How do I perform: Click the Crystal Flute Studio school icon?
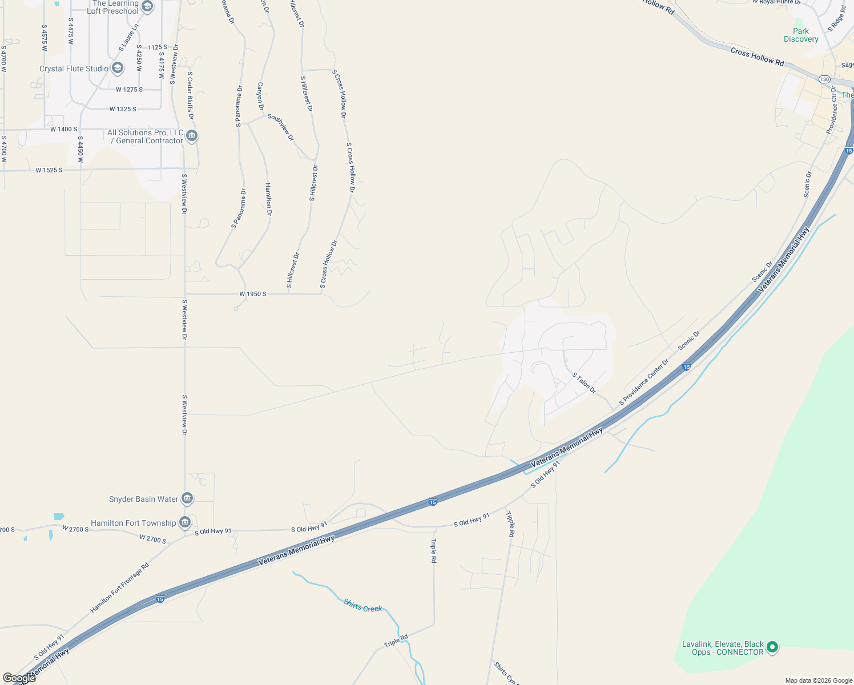tap(118, 68)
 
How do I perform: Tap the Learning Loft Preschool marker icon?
tap(147, 6)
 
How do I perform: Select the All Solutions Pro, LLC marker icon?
tap(192, 136)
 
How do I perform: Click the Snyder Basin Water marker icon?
tap(187, 499)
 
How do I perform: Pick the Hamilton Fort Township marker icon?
tap(184, 522)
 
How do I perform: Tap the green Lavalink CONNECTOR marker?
tap(772, 647)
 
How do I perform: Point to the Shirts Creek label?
tap(362, 606)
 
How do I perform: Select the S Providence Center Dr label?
tap(644, 382)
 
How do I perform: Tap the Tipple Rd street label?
tap(511, 524)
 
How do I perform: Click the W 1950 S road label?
tap(253, 294)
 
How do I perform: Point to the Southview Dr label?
tap(281, 127)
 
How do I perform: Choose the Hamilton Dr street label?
tap(268, 199)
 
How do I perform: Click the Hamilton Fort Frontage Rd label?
tap(119, 588)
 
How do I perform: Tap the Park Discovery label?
tap(801, 35)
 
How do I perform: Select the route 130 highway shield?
tap(824, 79)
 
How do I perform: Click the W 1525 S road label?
tap(49, 170)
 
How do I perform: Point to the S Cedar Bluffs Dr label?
tap(191, 96)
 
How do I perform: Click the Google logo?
tap(19, 678)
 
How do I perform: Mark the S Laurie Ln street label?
tap(128, 38)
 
